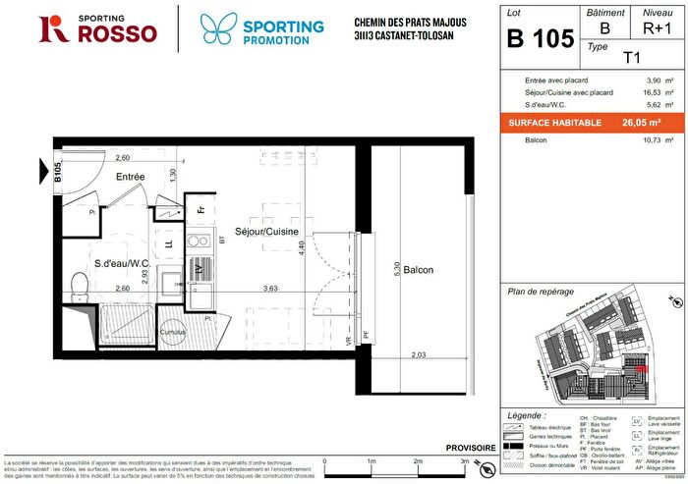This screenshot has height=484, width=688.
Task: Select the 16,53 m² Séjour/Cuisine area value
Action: click(x=653, y=91)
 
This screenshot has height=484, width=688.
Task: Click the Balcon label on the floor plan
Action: click(x=418, y=270)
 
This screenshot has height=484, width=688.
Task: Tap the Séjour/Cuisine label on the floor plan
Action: click(x=272, y=232)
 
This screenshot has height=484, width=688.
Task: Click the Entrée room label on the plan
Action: click(x=130, y=177)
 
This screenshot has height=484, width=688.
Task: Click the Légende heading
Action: click(x=529, y=416)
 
